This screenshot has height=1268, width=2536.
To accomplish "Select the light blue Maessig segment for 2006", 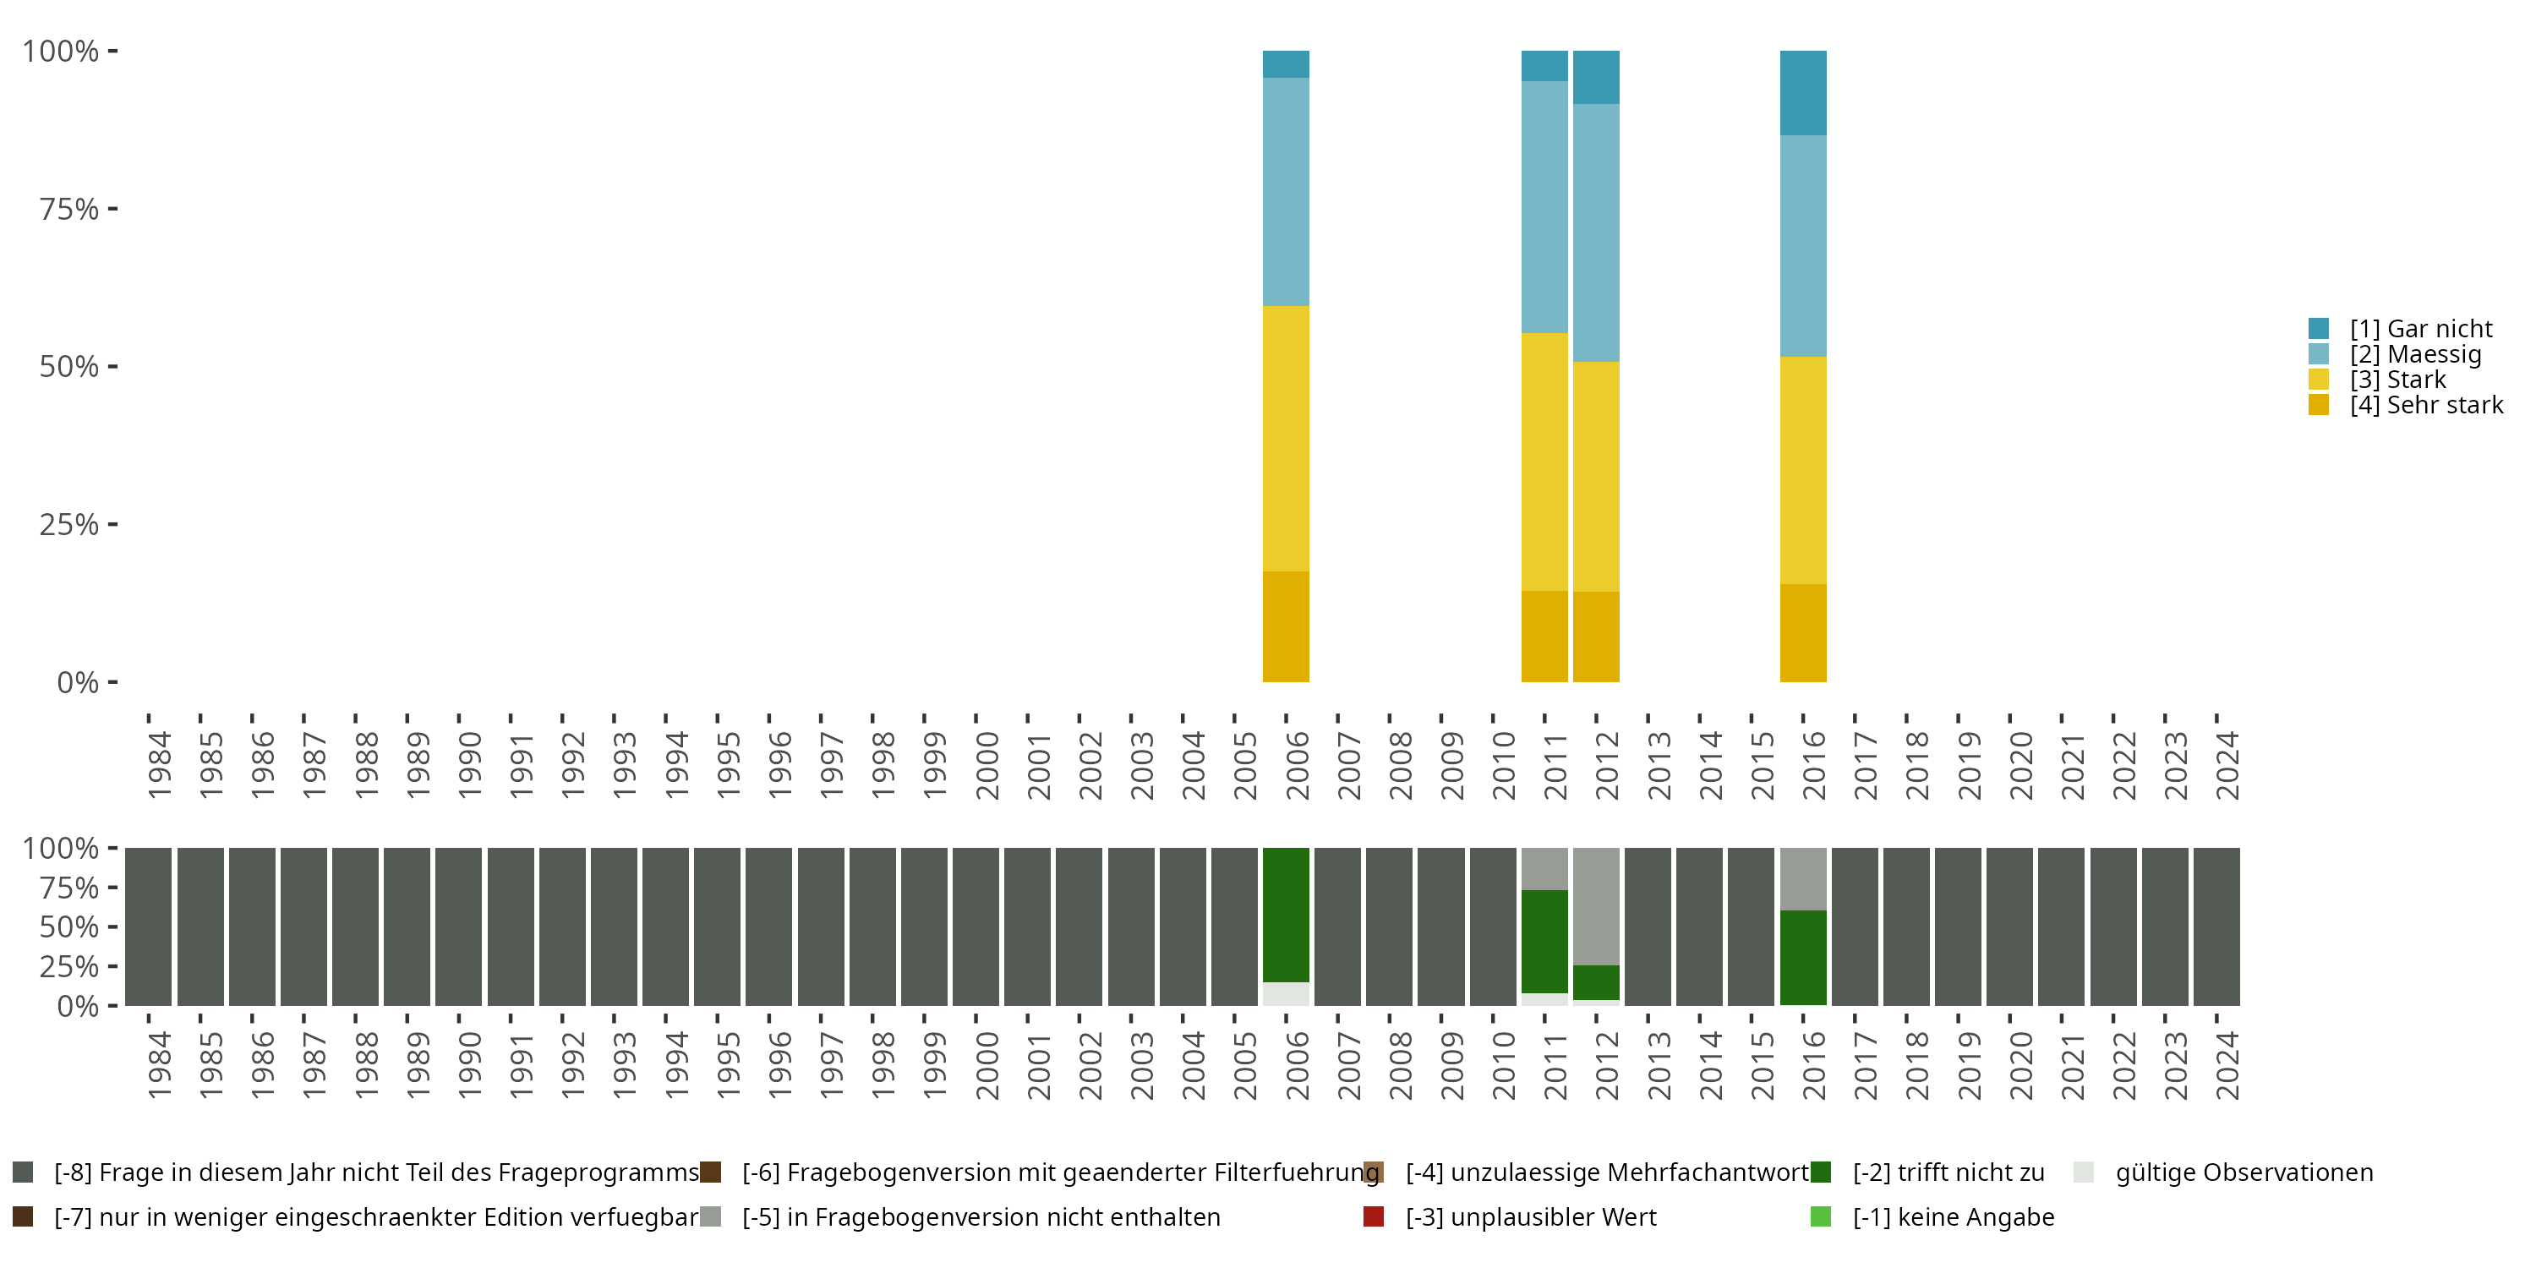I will click(1286, 192).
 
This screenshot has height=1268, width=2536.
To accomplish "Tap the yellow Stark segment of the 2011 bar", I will click(1544, 462).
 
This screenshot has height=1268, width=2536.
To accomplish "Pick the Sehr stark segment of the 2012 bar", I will click(1596, 636).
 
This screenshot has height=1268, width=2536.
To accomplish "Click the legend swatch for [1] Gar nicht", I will click(2319, 329).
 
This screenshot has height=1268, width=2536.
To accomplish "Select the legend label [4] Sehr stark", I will click(2426, 405).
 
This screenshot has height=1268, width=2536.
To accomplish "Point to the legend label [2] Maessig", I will click(2415, 354).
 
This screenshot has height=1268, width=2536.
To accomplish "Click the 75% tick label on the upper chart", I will click(69, 209).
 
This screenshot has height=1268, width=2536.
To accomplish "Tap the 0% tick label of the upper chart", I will click(78, 682).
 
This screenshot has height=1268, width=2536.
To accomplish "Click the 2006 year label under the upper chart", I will click(1297, 765).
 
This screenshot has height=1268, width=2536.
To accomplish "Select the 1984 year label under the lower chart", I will click(159, 1065).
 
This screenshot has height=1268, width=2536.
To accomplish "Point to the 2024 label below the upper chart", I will click(2227, 765).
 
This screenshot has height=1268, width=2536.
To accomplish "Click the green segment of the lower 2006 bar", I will click(1286, 915).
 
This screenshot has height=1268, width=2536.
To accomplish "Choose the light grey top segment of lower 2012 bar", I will click(1596, 905).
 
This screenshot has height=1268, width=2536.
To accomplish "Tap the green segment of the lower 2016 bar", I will click(1802, 957).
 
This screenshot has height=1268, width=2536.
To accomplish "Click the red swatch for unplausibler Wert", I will click(1374, 1216).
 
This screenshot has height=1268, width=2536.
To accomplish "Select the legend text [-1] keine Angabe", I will click(1954, 1216).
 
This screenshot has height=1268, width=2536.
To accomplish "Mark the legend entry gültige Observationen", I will click(2244, 1172).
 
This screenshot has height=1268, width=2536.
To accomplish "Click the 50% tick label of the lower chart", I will click(69, 927).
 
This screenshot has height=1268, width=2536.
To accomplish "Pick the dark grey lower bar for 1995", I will click(717, 926).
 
